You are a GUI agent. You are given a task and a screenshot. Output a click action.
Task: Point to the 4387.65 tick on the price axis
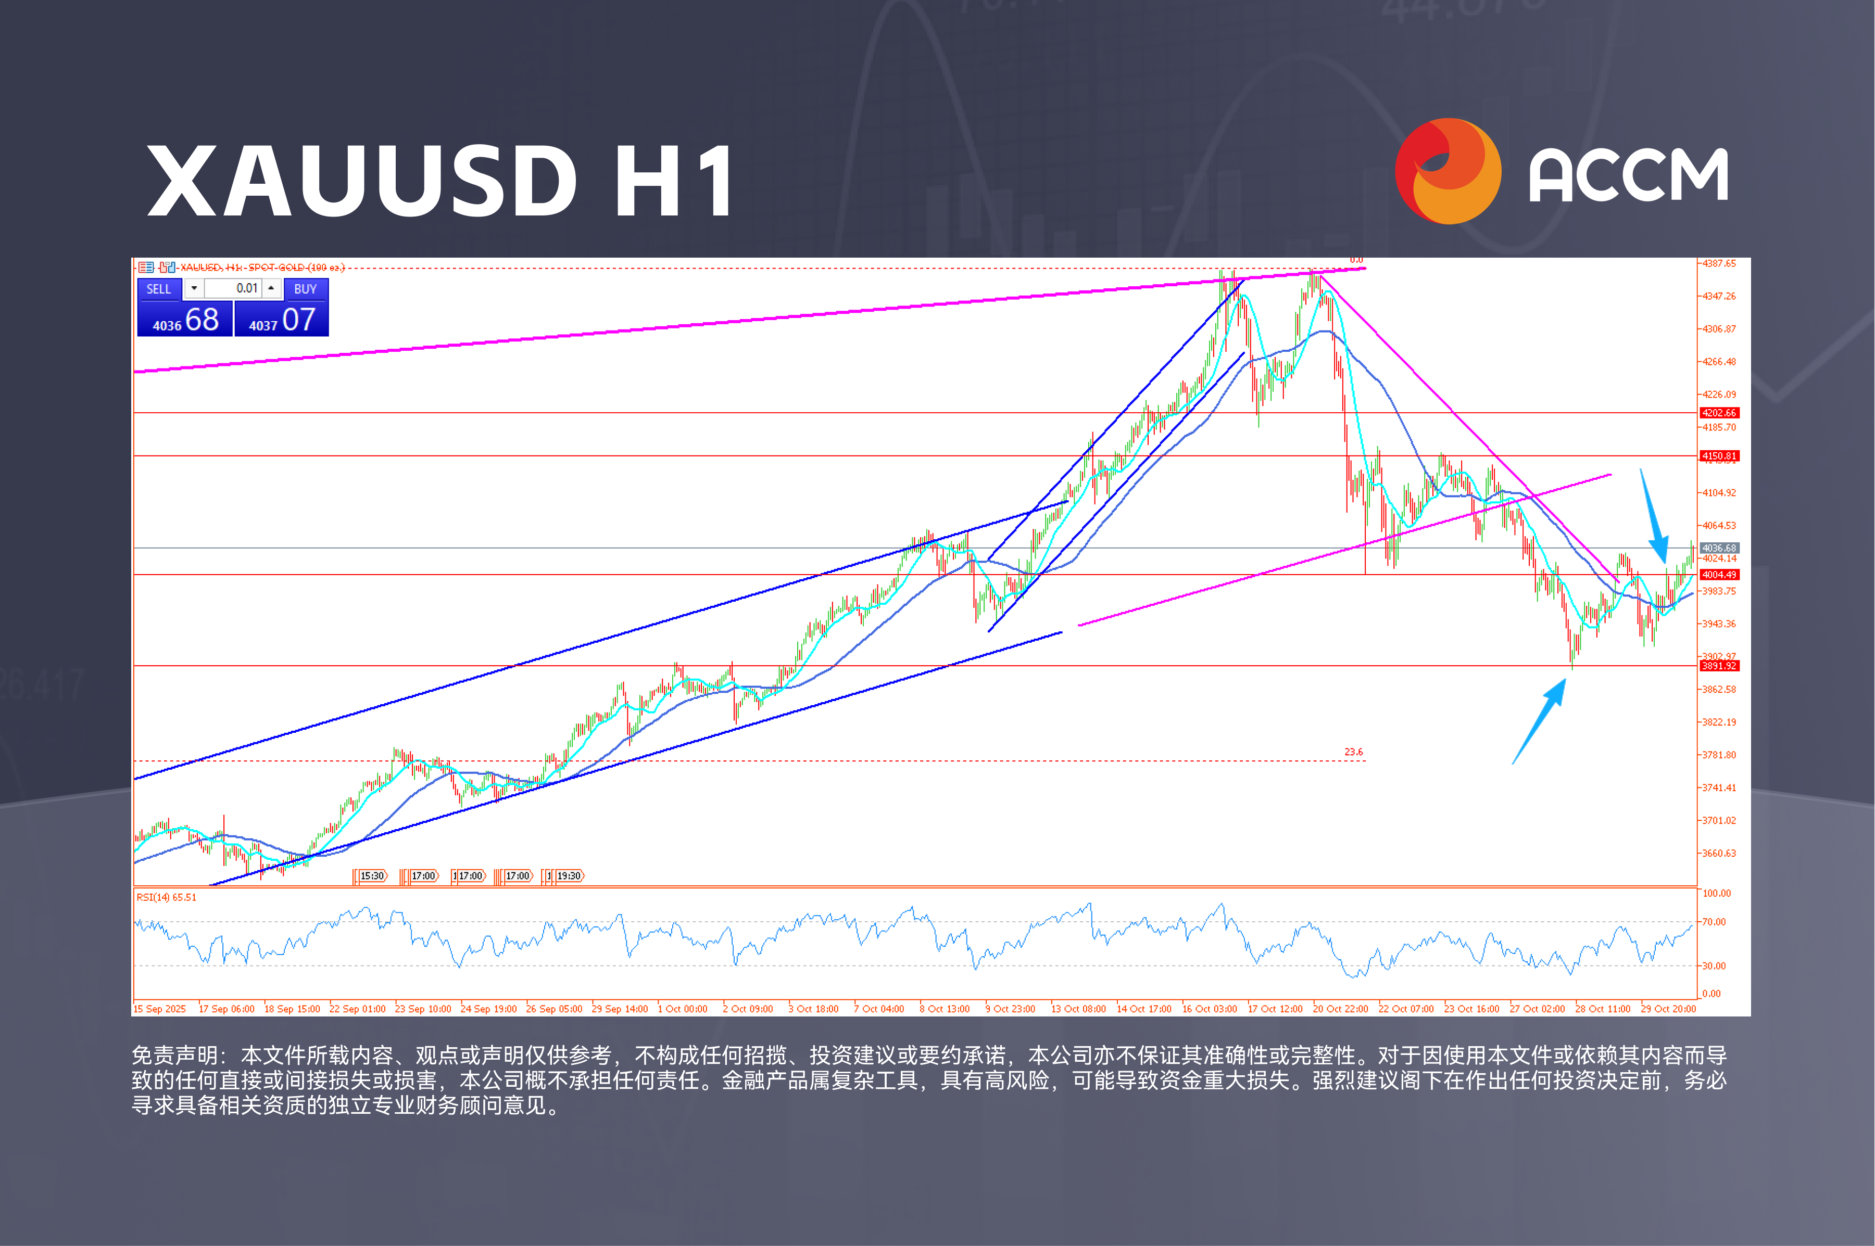pos(1718,263)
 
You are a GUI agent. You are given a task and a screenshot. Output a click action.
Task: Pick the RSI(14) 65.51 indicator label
pos(166,898)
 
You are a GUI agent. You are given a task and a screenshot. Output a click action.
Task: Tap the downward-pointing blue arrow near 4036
pos(1653,516)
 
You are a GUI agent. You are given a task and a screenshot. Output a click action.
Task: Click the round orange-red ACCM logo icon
pos(1448,171)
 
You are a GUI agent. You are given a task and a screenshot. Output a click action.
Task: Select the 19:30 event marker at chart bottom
pos(568,876)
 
